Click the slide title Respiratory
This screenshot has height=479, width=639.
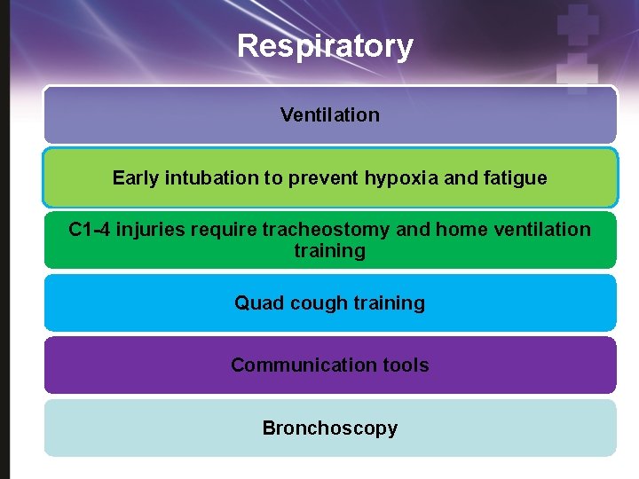coord(325,45)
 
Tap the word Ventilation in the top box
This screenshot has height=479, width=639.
coord(329,114)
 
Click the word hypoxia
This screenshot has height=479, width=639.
coord(398,177)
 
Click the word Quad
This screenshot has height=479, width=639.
coord(256,302)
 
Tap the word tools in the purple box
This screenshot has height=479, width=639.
coord(406,365)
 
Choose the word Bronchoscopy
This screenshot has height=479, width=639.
coord(329,428)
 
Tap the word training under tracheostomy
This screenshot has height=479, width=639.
coord(329,251)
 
